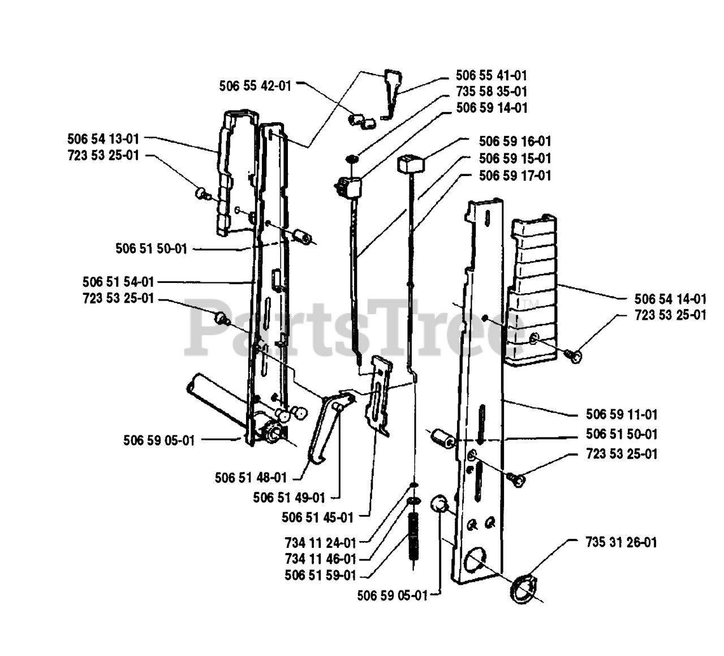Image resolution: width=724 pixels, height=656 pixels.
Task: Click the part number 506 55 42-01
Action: [255, 86]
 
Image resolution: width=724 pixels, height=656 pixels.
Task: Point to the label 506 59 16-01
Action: [514, 141]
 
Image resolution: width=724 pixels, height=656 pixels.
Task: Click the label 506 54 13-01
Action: [102, 138]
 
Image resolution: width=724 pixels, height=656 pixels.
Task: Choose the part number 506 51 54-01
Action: [118, 281]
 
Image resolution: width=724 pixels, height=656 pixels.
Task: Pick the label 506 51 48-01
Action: [251, 477]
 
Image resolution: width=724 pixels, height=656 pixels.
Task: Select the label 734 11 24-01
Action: [320, 543]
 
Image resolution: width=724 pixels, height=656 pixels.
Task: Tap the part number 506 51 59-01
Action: [320, 576]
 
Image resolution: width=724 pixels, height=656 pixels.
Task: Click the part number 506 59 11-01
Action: [622, 415]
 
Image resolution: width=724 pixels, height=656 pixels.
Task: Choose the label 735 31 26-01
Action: [622, 542]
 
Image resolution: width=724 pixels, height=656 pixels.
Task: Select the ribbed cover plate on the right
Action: [532, 289]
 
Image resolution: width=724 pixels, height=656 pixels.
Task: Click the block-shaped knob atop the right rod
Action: [411, 165]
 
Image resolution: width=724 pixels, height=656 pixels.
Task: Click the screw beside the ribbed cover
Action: [573, 354]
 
